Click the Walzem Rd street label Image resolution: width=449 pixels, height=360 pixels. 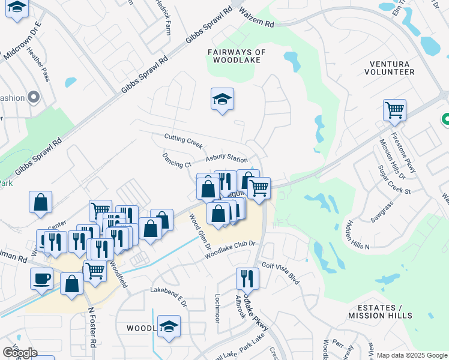click(x=256, y=17)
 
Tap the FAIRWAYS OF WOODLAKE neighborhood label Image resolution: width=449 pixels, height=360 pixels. click(x=237, y=56)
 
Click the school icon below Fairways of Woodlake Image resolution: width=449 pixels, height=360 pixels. click(x=222, y=100)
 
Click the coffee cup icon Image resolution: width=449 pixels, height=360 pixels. click(x=41, y=278)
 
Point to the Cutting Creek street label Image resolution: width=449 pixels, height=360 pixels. click(x=184, y=142)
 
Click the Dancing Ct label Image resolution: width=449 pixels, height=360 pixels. click(x=176, y=160)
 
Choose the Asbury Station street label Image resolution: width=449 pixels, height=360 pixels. click(x=226, y=159)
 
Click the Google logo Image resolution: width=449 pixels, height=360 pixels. click(x=20, y=353)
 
